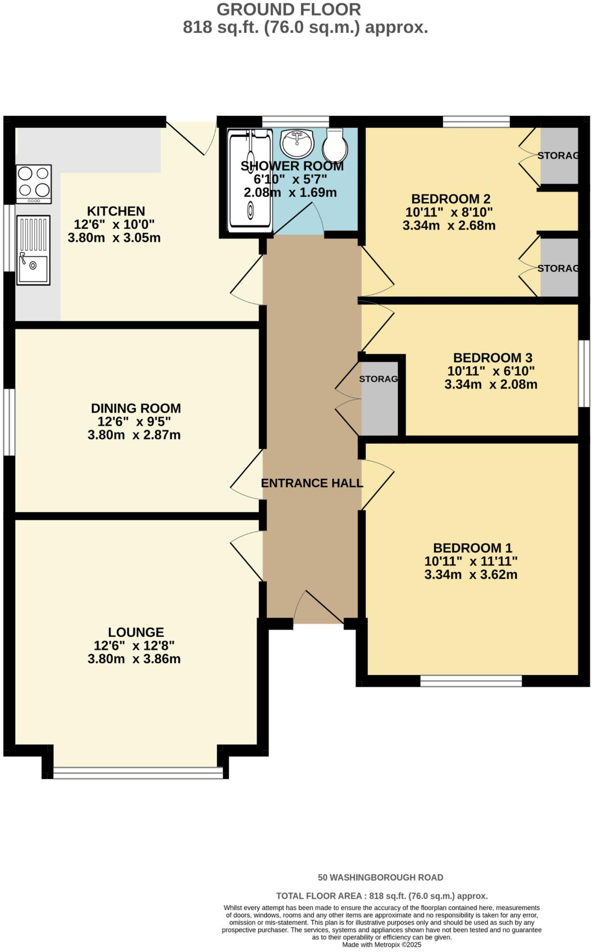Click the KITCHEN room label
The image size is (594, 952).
tap(116, 211)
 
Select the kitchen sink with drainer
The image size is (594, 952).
tap(33, 250)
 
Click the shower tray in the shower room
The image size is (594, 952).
tap(250, 180)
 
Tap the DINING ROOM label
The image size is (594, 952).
tap(136, 408)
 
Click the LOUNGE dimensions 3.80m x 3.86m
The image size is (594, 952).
tap(134, 659)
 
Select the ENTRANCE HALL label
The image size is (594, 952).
tap(312, 483)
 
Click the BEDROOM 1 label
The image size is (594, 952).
tap(472, 548)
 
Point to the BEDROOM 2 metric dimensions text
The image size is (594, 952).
tap(449, 226)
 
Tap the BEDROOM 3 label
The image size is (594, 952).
tap(492, 357)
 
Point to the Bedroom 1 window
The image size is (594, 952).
tap(471, 681)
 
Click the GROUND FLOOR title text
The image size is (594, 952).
tap(288, 9)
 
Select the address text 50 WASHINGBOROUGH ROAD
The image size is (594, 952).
tap(380, 878)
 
